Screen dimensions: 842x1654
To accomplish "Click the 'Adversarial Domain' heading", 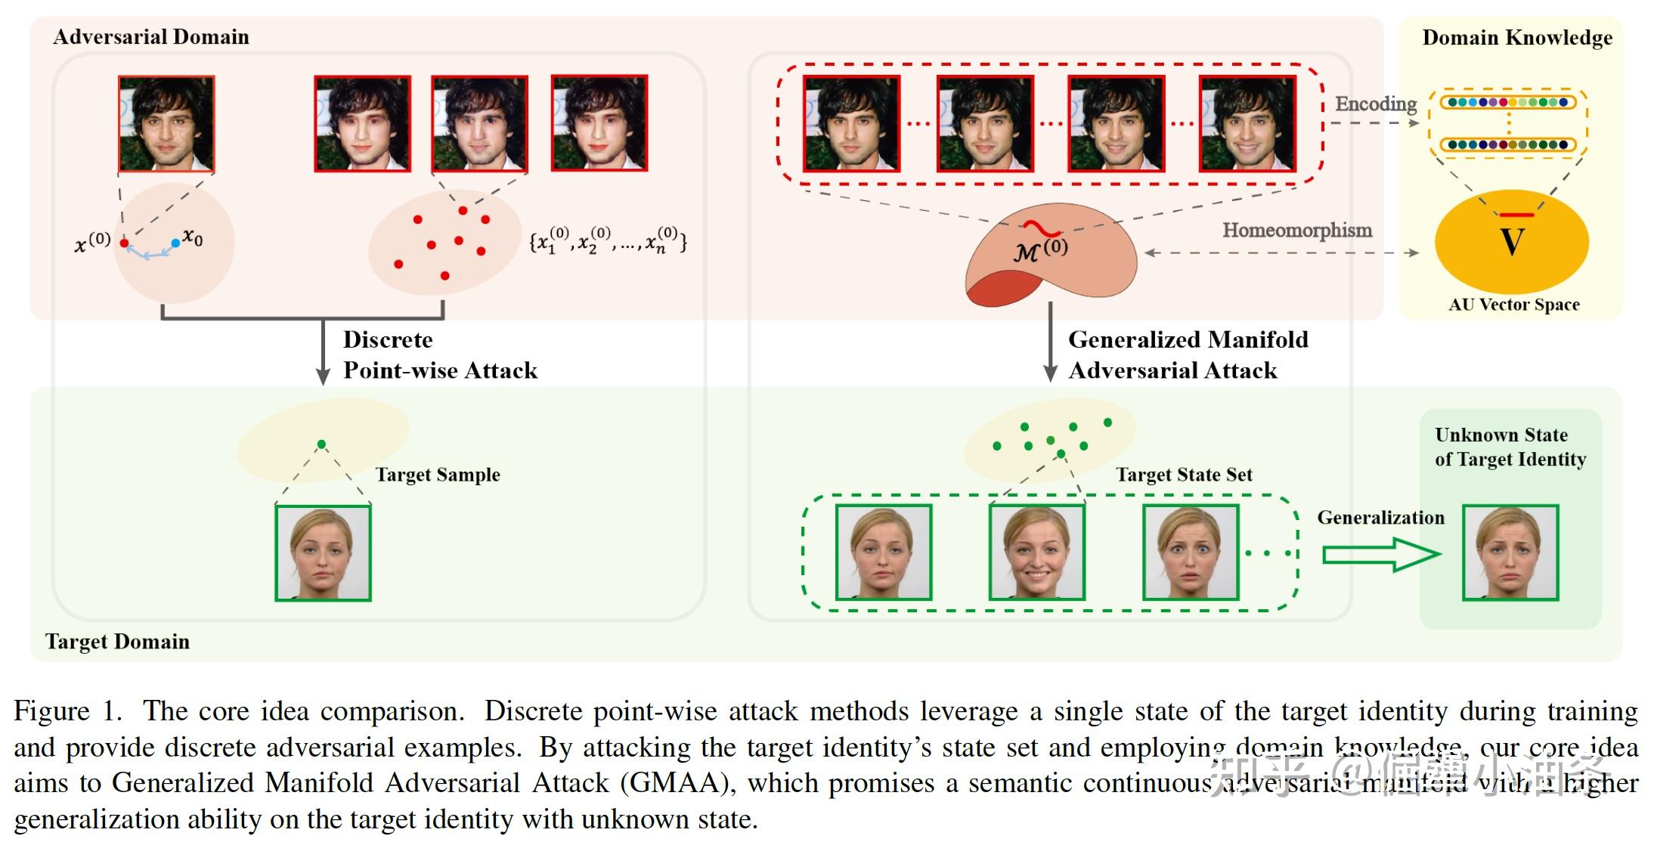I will coord(150,37).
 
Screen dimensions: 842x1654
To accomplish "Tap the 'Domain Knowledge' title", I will coord(1516,38).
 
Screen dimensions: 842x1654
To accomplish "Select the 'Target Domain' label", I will coord(117,642).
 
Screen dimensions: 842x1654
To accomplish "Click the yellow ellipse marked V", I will coord(1511,242).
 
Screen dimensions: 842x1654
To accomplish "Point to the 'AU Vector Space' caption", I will coord(1513,305).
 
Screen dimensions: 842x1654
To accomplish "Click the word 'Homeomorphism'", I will coord(1296,230).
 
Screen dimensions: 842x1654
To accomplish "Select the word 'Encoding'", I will coord(1375,104).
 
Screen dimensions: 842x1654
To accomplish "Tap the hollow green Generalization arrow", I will coord(1379,555).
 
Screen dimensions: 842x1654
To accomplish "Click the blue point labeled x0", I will coord(175,243).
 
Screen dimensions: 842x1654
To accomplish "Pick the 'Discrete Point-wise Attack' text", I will coord(439,354).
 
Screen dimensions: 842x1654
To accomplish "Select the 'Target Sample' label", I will coord(438,475).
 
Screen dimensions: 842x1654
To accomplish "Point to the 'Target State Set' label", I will coord(1184,475).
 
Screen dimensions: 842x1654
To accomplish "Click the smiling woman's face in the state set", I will coord(1036,553).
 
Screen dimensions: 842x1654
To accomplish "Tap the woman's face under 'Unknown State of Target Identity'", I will coord(1510,553).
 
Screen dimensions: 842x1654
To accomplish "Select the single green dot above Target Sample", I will coord(322,444).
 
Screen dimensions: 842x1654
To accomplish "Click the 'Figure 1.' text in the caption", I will coord(67,711).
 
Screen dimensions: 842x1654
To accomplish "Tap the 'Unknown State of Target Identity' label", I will coord(1510,447).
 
